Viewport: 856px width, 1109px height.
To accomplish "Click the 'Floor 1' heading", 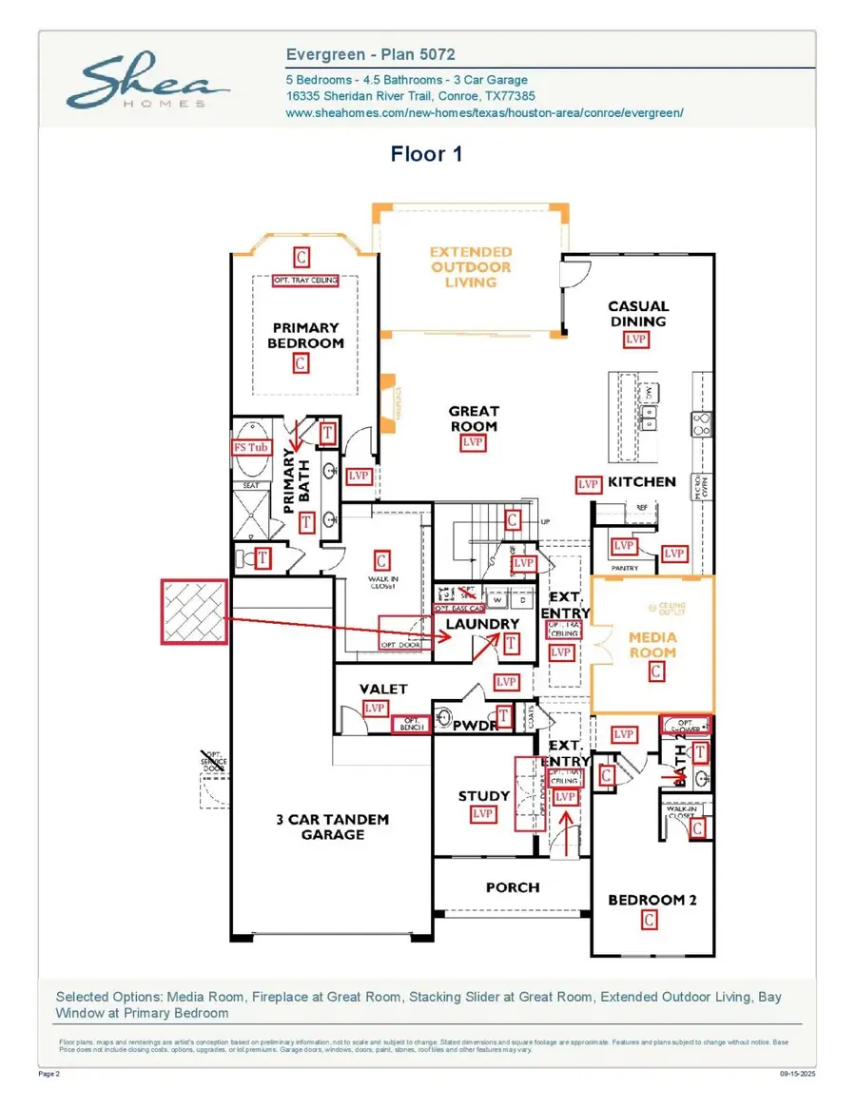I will point(426,154).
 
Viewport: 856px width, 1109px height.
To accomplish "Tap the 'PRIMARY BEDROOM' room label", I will point(305,335).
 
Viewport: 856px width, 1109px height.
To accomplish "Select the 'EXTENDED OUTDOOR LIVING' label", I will point(471,266).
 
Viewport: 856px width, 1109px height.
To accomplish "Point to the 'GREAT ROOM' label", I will point(474,418).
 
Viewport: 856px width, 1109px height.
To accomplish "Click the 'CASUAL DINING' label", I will point(638,314).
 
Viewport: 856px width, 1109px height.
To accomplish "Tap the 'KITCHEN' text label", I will point(642,482).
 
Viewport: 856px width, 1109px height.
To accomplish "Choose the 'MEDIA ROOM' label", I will point(652,644).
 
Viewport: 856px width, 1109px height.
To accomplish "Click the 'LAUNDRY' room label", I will point(483,624).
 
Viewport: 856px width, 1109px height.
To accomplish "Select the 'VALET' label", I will point(383,689).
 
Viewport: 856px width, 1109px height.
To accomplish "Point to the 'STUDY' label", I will point(484,796).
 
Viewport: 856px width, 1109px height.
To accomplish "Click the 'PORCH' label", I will point(513,887).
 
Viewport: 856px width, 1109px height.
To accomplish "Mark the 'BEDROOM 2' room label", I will point(652,900).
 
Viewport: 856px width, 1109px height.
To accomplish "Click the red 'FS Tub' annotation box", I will point(252,447).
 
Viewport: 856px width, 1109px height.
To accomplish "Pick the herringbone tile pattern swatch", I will point(195,613).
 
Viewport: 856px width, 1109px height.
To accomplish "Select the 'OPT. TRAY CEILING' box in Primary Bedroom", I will point(305,281).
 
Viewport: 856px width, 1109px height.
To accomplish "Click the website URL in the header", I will point(484,112).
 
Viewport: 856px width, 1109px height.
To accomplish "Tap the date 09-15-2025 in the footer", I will point(797,1074).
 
